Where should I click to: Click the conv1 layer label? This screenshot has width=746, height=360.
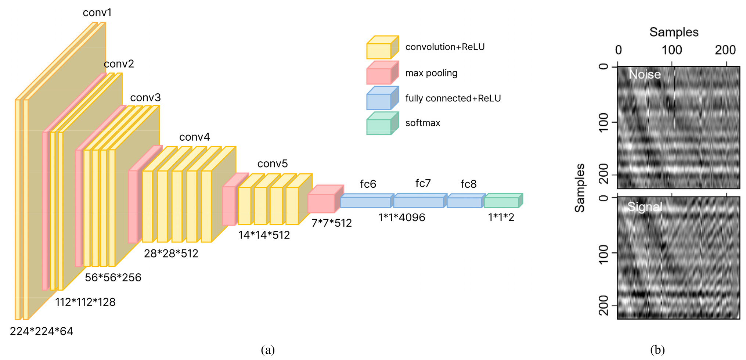(x=97, y=12)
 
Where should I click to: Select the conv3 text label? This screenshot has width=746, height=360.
(x=145, y=98)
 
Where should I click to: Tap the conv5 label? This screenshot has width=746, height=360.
(x=273, y=163)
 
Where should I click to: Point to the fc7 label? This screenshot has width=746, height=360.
(x=423, y=183)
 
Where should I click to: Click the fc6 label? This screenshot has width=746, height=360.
(x=368, y=184)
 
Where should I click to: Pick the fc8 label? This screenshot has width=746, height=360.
(x=468, y=184)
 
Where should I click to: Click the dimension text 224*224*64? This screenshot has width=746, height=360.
(x=42, y=331)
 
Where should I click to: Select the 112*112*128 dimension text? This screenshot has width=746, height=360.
(x=85, y=302)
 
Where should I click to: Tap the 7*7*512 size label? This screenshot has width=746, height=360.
(x=332, y=223)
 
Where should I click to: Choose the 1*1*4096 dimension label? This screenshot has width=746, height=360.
(x=402, y=217)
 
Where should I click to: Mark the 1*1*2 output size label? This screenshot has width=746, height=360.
(x=501, y=217)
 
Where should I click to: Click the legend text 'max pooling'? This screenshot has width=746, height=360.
(x=431, y=73)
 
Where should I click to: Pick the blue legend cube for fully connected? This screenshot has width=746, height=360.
(x=382, y=98)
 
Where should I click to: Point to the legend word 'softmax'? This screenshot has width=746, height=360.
(x=422, y=123)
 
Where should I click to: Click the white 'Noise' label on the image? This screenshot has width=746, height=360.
(x=645, y=75)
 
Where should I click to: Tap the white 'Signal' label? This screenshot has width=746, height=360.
(x=645, y=207)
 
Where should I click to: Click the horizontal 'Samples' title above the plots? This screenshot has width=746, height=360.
(x=674, y=32)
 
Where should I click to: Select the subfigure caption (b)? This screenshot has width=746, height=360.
(x=657, y=350)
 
